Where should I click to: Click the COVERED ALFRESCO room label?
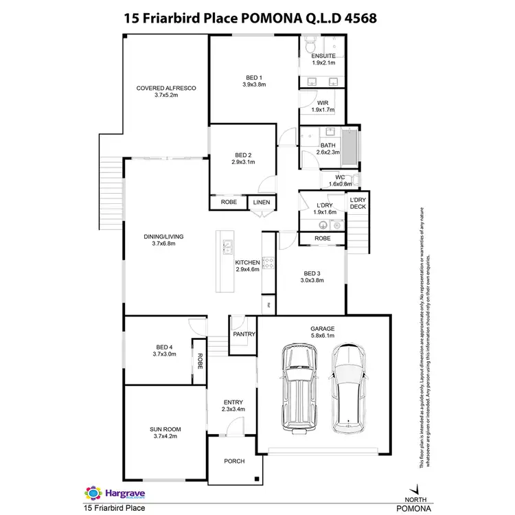pyautogui.click(x=166, y=88)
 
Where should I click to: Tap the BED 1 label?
pyautogui.click(x=254, y=77)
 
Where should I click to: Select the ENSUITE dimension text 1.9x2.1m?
pyautogui.click(x=322, y=62)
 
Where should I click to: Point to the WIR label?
pyautogui.click(x=322, y=102)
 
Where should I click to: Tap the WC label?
pyautogui.click(x=339, y=178)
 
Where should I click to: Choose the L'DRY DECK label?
pyautogui.click(x=358, y=203)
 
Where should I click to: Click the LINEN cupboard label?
pyautogui.click(x=262, y=203)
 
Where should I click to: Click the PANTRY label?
pyautogui.click(x=244, y=334)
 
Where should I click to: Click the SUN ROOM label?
pyautogui.click(x=164, y=429)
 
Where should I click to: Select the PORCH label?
pyautogui.click(x=234, y=461)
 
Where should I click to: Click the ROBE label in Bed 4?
pyautogui.click(x=199, y=360)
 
